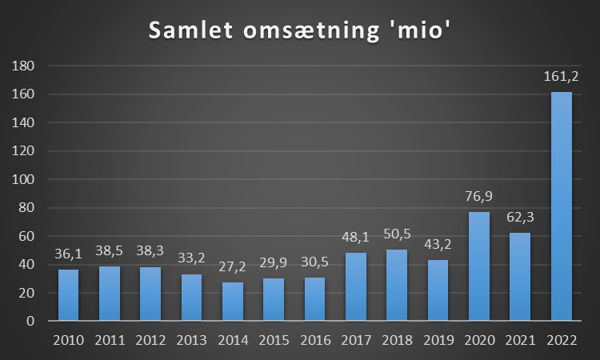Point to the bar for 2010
tap(69, 295)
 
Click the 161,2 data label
tap(562, 77)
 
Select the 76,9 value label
tap(479, 197)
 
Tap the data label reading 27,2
tap(233, 267)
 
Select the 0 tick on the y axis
tap(30, 322)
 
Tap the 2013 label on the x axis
tap(192, 340)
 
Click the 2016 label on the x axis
tap(315, 340)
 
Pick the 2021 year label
tap(520, 340)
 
